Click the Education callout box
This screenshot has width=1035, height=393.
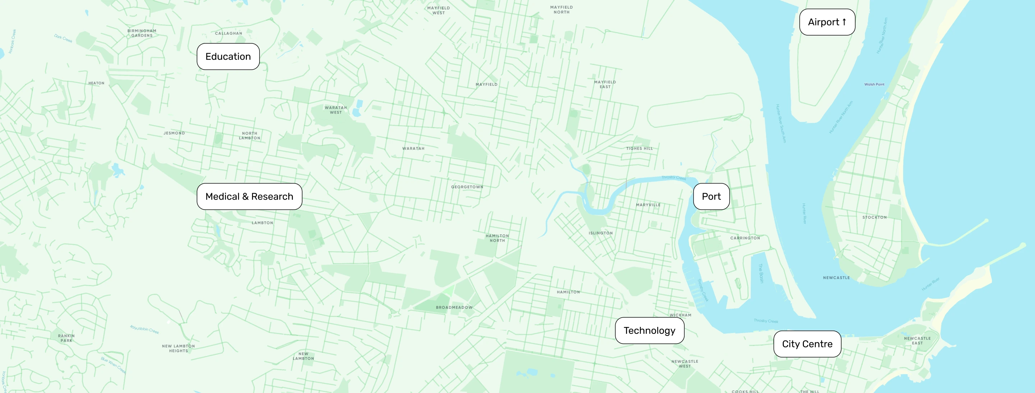228,57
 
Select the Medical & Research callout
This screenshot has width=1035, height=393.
249,196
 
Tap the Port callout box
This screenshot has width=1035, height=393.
711,196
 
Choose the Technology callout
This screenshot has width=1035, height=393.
649,331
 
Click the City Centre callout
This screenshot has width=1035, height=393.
807,344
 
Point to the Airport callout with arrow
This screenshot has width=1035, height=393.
827,22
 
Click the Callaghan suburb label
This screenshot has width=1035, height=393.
228,33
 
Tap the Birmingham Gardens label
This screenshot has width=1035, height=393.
142,33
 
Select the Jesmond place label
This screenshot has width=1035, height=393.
174,133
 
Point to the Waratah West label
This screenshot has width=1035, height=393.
336,110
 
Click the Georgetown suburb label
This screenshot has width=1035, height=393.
467,187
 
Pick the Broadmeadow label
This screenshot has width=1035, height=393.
454,308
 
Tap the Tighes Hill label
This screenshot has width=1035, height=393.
639,149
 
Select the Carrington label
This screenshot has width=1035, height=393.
745,238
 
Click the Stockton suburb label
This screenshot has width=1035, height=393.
874,217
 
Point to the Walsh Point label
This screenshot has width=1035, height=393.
874,84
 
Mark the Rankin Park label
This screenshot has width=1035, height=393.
66,338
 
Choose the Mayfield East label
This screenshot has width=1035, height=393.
605,84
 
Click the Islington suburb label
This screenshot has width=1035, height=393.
601,233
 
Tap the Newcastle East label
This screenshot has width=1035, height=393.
917,340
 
